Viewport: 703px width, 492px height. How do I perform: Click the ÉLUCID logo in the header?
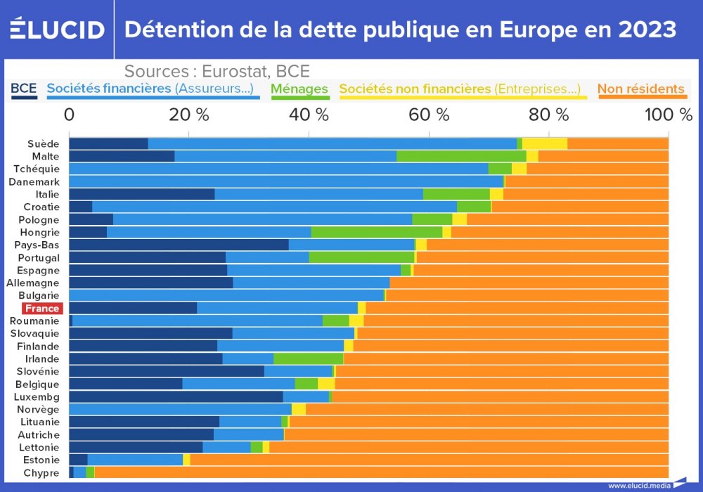point(57,29)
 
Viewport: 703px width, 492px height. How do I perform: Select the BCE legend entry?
point(24,89)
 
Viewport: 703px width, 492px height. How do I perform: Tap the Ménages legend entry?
point(299,89)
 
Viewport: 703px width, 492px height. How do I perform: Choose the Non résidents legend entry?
point(640,89)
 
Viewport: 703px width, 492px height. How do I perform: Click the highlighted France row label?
point(42,309)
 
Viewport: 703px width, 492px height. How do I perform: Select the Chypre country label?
point(41,473)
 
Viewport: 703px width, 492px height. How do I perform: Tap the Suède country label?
point(44,144)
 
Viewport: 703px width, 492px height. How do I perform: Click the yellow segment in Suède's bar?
point(544,144)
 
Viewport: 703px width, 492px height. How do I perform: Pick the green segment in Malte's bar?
point(461,156)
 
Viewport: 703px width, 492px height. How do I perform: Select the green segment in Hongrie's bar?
point(376,232)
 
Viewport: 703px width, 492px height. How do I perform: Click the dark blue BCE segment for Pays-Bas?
point(179,245)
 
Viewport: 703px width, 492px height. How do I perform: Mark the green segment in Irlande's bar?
point(308,358)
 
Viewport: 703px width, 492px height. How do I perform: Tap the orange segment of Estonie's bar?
point(429,460)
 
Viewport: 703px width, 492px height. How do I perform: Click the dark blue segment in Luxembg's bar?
point(176,396)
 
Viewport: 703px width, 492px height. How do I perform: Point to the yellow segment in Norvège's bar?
point(298,409)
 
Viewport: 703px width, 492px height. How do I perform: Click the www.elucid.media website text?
point(638,485)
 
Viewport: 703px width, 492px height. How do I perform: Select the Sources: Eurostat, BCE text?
point(217,72)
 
